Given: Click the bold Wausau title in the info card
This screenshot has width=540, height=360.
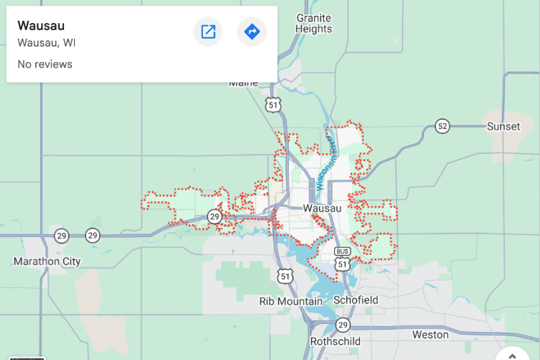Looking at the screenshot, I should pyautogui.click(x=41, y=26).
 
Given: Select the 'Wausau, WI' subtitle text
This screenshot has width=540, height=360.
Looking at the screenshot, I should pyautogui.click(x=46, y=42).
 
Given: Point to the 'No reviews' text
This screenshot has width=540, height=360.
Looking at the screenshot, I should pyautogui.click(x=45, y=64).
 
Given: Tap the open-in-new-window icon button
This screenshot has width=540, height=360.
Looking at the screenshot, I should pyautogui.click(x=208, y=32).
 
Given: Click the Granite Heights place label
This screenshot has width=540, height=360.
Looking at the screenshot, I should pyautogui.click(x=314, y=23).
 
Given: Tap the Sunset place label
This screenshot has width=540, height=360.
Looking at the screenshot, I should pyautogui.click(x=503, y=126).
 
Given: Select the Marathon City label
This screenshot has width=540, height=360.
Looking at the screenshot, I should pyautogui.click(x=48, y=261).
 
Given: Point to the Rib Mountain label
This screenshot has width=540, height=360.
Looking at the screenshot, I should pyautogui.click(x=291, y=300).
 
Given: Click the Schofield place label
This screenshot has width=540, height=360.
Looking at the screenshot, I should pyautogui.click(x=356, y=300).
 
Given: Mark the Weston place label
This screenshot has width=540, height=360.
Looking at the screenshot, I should pyautogui.click(x=431, y=335).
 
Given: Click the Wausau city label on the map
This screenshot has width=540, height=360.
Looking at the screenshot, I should pyautogui.click(x=322, y=208).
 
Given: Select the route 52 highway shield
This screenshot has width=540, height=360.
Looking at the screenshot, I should pyautogui.click(x=442, y=127).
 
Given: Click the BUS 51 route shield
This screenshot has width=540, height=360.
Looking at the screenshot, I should pyautogui.click(x=343, y=260).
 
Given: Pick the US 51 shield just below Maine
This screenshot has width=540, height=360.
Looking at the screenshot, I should pyautogui.click(x=272, y=104).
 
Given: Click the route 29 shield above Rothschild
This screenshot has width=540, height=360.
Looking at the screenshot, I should pyautogui.click(x=343, y=324).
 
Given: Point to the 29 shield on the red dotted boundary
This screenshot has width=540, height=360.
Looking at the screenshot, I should pyautogui.click(x=215, y=216).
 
